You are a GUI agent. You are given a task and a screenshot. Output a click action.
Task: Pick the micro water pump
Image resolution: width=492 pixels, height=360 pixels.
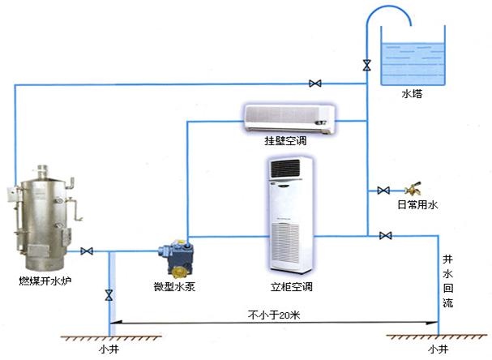pyautogui.click(x=176, y=257)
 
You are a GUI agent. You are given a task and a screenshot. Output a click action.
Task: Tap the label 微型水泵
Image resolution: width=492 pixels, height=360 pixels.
pyautogui.click(x=175, y=286)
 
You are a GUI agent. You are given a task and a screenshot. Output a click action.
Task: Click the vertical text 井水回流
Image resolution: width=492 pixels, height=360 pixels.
pyautogui.click(x=447, y=281)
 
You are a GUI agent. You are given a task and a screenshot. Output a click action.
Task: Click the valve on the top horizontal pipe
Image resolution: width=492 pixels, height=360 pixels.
pyautogui.click(x=314, y=83)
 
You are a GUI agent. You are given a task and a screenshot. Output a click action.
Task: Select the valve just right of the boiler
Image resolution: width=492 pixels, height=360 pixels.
pyautogui.click(x=88, y=251)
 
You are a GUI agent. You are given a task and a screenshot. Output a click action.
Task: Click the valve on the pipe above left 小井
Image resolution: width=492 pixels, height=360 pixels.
pyautogui.click(x=108, y=294)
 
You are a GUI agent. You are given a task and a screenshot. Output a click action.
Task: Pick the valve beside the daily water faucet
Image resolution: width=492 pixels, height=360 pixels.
pyautogui.click(x=384, y=191)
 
